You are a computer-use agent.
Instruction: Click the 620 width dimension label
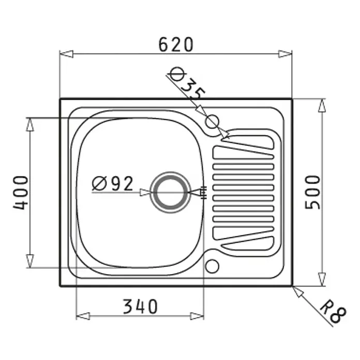pyautogui.click(x=176, y=44)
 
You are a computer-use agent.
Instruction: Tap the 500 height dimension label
pyautogui.click(x=312, y=192)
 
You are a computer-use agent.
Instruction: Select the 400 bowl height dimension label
pyautogui.click(x=21, y=192)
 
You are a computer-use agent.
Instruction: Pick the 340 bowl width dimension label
pyautogui.click(x=140, y=307)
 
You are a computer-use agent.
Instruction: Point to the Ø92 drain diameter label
pyautogui.click(x=113, y=184)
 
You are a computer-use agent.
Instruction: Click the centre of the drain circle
pyautogui.click(x=170, y=192)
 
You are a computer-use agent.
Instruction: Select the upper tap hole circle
pyautogui.click(x=212, y=122)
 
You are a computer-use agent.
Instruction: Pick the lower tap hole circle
pyautogui.click(x=212, y=266)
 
